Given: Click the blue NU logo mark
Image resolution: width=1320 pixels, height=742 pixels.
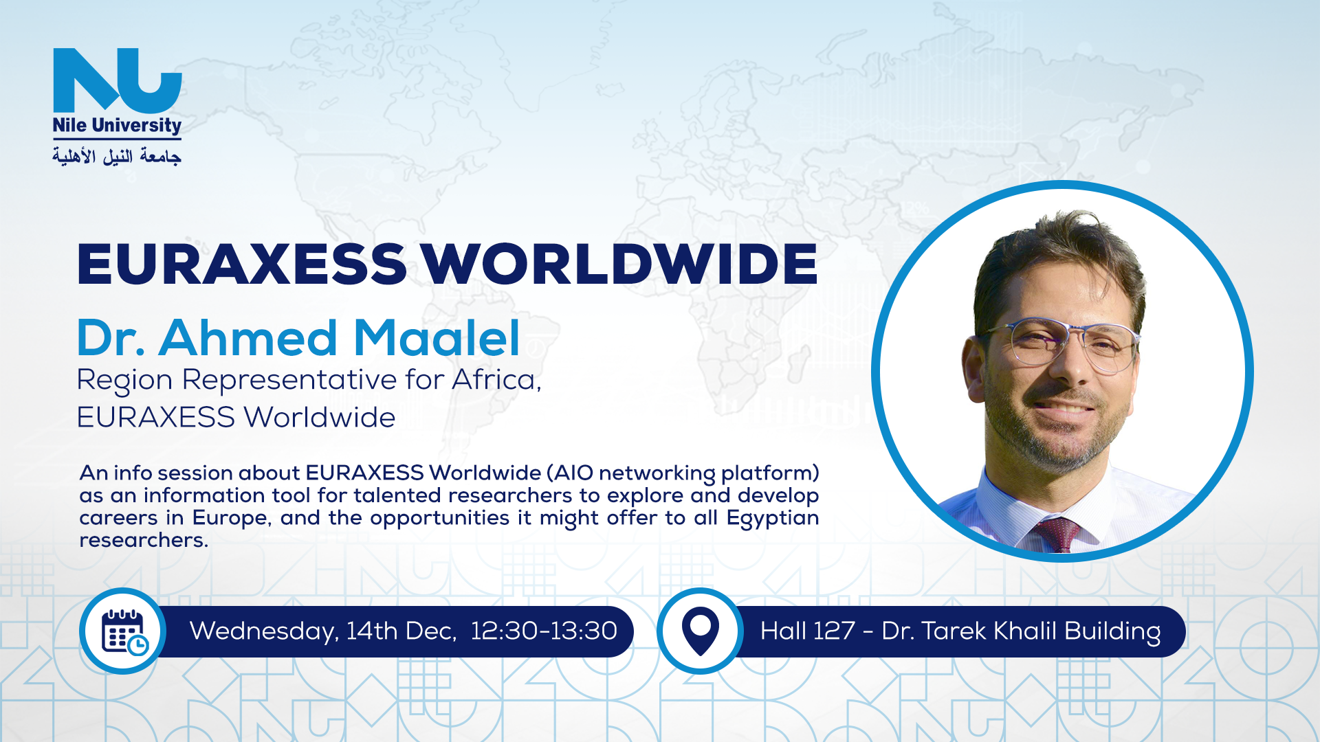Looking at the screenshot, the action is point(118,80).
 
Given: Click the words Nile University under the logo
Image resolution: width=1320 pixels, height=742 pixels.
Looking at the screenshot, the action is point(117,126).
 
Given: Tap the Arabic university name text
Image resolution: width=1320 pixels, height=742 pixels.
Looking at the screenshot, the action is point(117,156).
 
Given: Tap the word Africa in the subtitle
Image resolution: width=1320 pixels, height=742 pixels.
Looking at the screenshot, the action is point(496,379).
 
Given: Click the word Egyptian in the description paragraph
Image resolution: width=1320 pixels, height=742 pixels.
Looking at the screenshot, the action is point(773,519).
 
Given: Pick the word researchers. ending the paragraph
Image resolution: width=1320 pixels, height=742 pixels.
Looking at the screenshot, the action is point(144,540).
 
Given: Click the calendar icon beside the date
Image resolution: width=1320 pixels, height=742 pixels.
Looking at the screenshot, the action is point(123,631).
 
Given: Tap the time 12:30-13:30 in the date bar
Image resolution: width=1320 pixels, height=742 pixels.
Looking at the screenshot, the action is point(544,631).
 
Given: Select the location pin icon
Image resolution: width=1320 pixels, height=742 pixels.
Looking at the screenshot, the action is point(700,631).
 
